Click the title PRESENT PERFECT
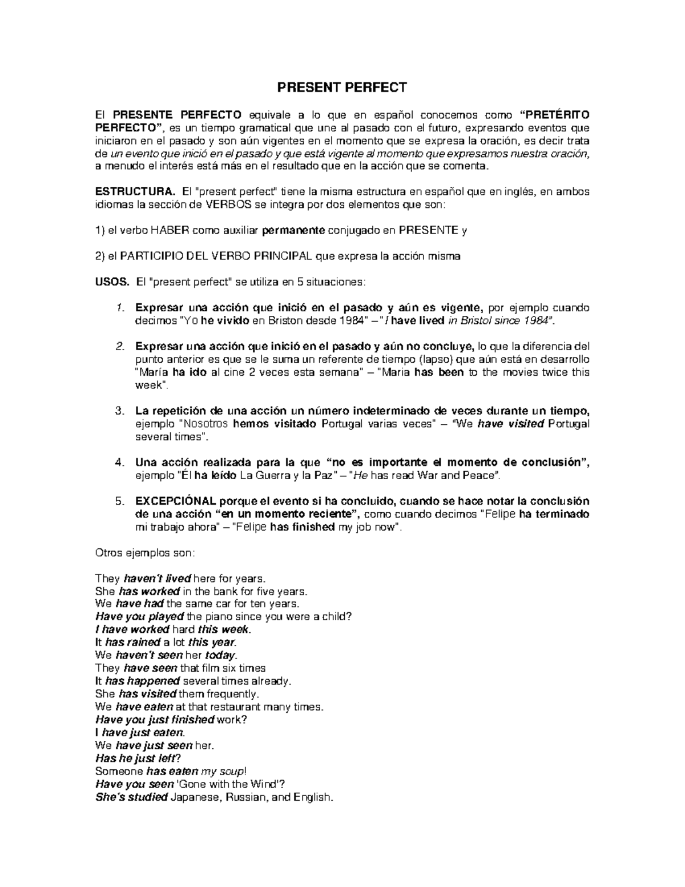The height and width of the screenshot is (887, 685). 342,87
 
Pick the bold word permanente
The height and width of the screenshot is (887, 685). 293,231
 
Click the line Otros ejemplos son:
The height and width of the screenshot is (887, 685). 144,553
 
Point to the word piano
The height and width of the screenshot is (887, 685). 219,616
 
